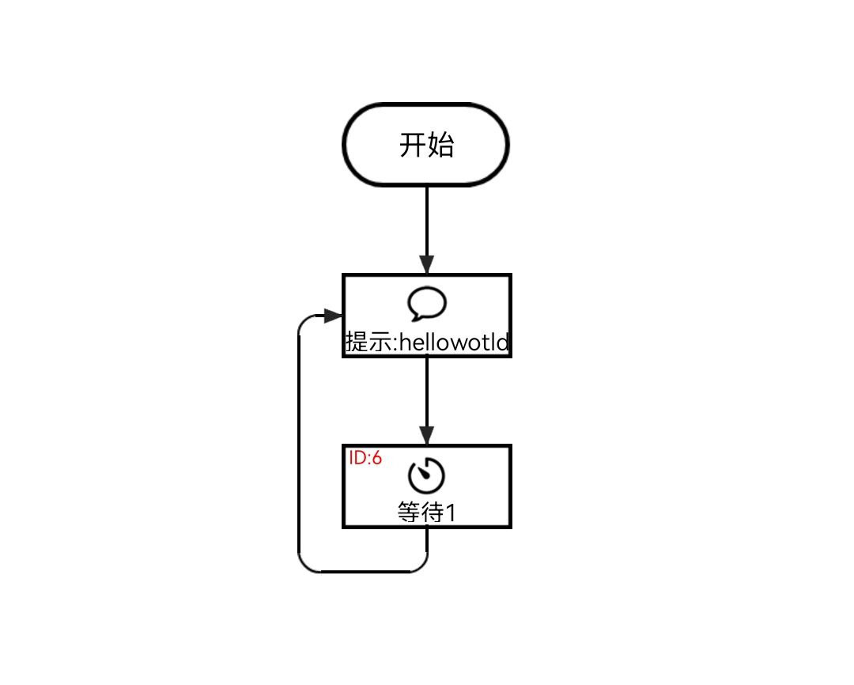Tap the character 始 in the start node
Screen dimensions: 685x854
[x=440, y=146]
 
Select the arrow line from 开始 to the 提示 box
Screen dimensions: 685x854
[x=427, y=221]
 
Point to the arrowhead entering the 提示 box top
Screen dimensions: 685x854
[x=427, y=265]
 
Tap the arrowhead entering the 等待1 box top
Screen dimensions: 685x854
[x=427, y=436]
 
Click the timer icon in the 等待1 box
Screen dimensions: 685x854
[x=427, y=475]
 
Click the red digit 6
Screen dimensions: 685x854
[x=377, y=458]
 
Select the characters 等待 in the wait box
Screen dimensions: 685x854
[x=420, y=513]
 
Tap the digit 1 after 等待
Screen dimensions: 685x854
[x=451, y=513]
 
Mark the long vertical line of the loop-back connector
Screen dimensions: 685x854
[x=299, y=443]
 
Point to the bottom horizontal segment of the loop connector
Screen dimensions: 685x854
[x=364, y=571]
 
